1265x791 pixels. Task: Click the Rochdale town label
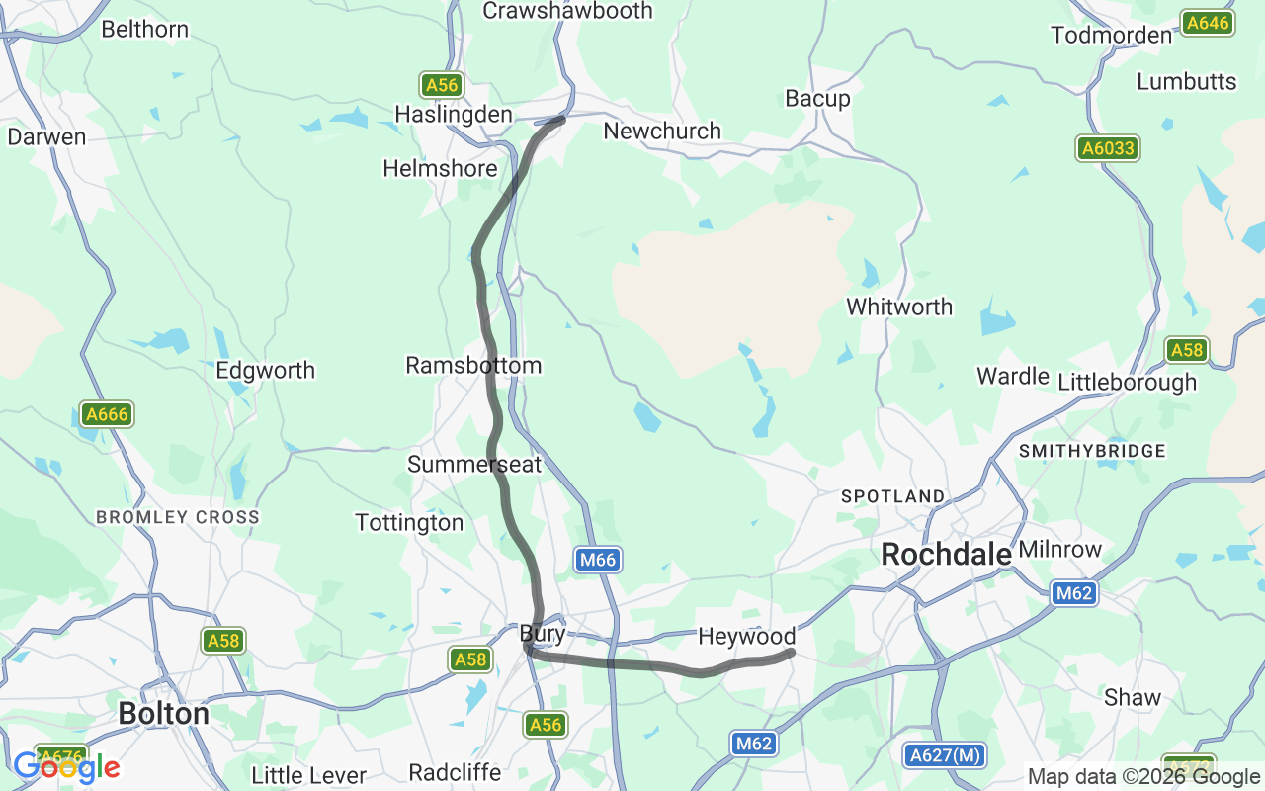click(946, 555)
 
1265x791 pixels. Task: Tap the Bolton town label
click(163, 713)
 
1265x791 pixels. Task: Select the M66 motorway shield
click(598, 561)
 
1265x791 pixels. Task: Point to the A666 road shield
click(107, 414)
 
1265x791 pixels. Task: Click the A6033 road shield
click(1108, 148)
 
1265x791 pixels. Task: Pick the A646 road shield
click(1208, 23)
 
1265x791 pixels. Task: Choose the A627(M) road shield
click(945, 755)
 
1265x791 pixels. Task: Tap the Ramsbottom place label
click(473, 365)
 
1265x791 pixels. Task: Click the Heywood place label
click(746, 637)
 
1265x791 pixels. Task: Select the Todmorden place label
click(1111, 35)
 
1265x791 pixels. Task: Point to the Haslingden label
click(454, 115)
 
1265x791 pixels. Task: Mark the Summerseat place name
click(474, 464)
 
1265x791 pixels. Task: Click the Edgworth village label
click(266, 370)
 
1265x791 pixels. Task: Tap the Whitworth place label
click(899, 307)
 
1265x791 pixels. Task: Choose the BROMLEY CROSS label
click(178, 517)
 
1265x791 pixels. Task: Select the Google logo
click(66, 767)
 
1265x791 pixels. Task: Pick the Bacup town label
click(817, 98)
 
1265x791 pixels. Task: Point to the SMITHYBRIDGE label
click(1092, 451)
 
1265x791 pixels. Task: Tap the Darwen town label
click(46, 136)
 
